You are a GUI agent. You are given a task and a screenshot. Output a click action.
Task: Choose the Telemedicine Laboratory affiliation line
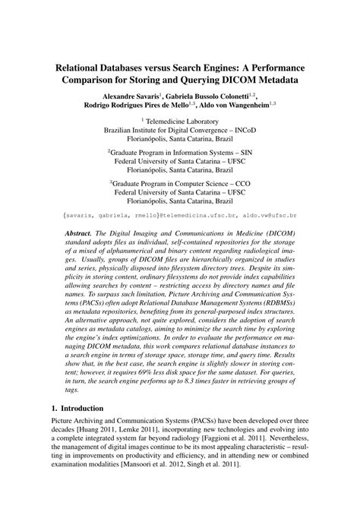pyautogui.click(x=180, y=121)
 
